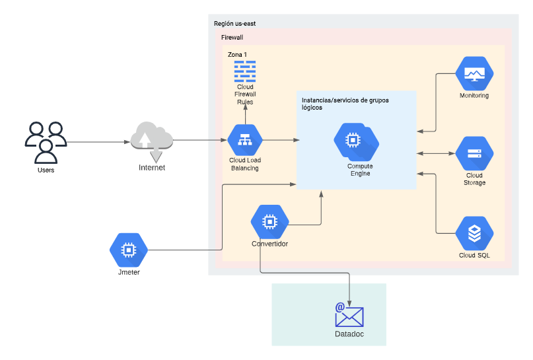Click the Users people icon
46,142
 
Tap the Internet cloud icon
152,139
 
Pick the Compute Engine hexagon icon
356,140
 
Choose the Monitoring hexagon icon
474,73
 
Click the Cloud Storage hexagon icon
474,154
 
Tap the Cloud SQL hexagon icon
474,233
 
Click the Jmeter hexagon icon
128,250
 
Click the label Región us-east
234,24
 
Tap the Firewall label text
232,38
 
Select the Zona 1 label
237,54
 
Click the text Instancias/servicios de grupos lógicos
345,104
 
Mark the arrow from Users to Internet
99,142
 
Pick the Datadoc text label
349,335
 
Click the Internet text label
152,168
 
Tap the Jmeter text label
128,271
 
